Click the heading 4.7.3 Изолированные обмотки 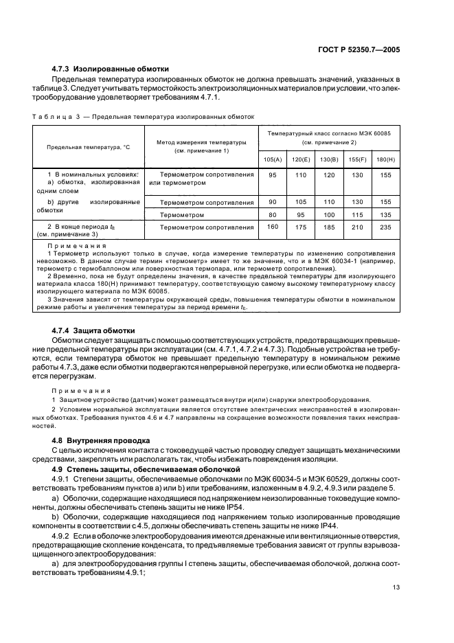[111, 69]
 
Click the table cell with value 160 [273, 227]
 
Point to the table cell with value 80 [273, 215]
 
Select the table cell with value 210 [358, 227]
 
